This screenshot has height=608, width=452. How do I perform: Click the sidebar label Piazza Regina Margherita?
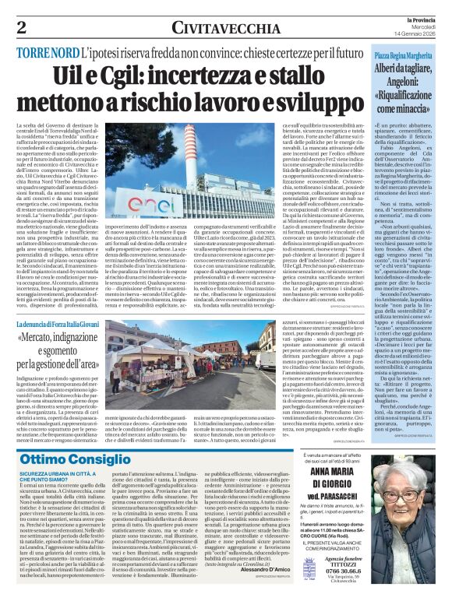pyautogui.click(x=401, y=58)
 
